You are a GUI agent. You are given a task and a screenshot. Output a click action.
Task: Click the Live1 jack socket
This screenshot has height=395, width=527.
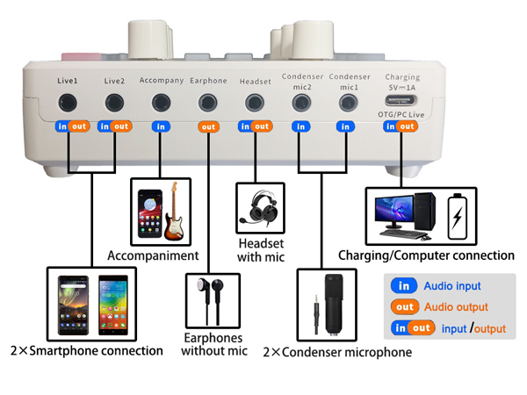tap(69, 103)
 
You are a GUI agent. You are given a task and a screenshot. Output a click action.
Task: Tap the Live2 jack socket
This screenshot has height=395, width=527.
tap(115, 103)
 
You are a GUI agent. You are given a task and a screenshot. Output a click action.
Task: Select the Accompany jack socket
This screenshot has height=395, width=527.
tap(161, 103)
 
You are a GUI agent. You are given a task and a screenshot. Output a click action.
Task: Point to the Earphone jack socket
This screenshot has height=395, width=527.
tap(208, 103)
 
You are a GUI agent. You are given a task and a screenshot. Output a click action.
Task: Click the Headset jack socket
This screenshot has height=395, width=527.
tap(255, 103)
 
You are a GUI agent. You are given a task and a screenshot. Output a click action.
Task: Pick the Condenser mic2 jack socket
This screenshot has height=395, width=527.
tap(301, 103)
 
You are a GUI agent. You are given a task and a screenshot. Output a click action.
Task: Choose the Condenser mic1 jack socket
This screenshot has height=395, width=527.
tap(348, 103)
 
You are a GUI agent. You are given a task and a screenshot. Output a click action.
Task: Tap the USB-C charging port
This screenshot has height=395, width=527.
tap(401, 101)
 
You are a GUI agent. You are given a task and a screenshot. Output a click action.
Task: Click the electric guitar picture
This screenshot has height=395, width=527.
tap(176, 210)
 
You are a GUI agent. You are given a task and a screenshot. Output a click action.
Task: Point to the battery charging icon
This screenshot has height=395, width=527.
tap(458, 214)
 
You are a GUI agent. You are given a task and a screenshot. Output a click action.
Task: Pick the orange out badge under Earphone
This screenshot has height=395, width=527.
tap(208, 126)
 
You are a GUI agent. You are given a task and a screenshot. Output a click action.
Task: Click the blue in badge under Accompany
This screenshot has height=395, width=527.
tap(161, 126)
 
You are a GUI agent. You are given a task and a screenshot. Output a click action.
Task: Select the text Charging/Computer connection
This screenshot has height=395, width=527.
tap(426, 255)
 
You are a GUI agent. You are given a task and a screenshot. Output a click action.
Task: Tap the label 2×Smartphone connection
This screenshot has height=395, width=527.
tap(86, 350)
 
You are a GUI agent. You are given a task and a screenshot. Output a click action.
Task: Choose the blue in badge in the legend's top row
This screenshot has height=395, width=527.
tap(404, 286)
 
